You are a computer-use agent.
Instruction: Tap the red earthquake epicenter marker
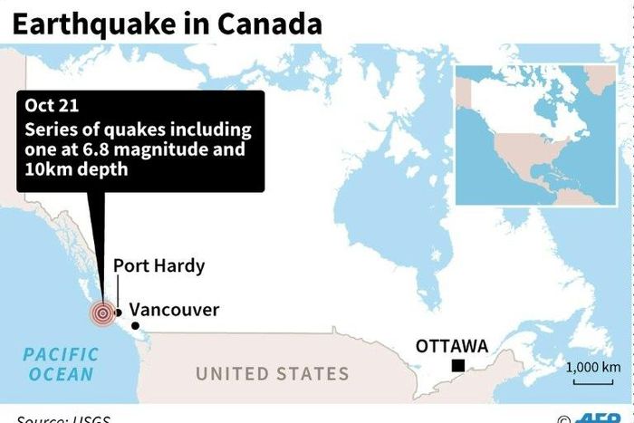(102, 313)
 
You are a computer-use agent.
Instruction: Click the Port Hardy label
(158, 266)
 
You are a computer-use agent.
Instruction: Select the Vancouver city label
(174, 310)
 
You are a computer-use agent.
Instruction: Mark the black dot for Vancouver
(134, 325)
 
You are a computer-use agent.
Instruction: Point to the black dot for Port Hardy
(118, 312)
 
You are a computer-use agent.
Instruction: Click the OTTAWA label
(451, 346)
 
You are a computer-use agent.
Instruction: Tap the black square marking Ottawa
(459, 365)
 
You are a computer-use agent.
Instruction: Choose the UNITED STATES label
(272, 373)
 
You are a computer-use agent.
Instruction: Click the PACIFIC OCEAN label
(60, 364)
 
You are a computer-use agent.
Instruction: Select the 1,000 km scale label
(593, 367)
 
